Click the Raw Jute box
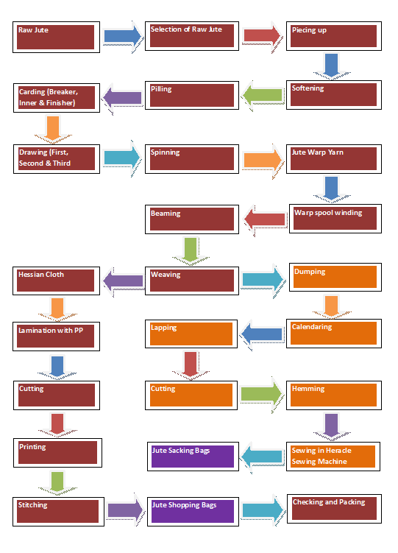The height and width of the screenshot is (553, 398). click(x=56, y=37)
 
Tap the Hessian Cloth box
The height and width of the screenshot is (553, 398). click(x=56, y=280)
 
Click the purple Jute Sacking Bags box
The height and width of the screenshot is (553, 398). click(x=191, y=456)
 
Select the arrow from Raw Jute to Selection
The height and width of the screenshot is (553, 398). click(x=121, y=35)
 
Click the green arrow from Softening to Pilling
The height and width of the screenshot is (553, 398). click(x=263, y=94)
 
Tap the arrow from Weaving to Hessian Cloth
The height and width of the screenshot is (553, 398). click(x=123, y=280)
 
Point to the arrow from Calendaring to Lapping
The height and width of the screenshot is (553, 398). click(x=263, y=334)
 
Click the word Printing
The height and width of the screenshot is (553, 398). click(x=32, y=446)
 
